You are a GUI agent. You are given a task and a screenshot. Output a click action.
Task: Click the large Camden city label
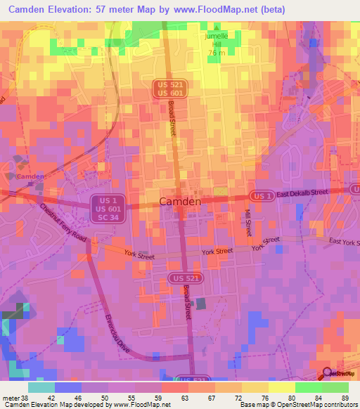click(181, 201)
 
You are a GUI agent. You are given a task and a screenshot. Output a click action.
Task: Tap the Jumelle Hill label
click(216, 39)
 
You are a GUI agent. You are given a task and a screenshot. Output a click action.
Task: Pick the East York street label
click(343, 242)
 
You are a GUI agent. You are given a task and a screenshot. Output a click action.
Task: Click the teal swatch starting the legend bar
click(41, 387)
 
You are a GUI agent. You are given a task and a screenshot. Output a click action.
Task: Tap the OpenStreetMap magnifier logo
click(327, 374)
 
